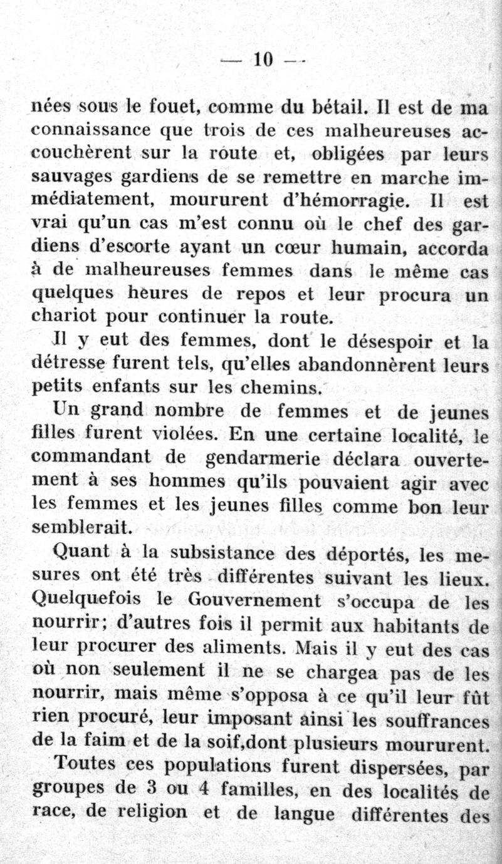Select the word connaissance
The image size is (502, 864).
(91, 131)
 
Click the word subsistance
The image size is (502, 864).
(226, 553)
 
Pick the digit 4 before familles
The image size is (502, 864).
(202, 789)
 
